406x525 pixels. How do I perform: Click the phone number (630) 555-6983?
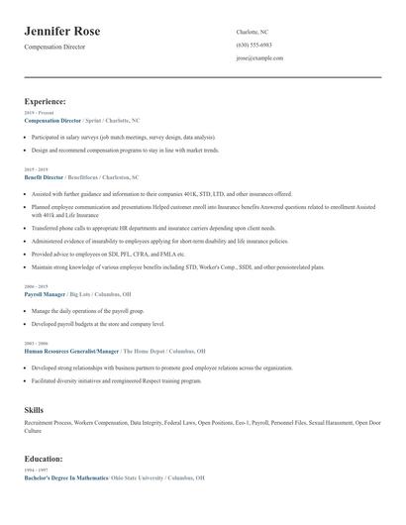[254, 46]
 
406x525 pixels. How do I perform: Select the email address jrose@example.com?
[259, 58]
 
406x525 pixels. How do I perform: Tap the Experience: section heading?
[46, 101]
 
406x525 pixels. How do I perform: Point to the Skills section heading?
[34, 409]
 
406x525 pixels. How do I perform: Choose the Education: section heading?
[44, 459]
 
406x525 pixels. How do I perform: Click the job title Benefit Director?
[44, 177]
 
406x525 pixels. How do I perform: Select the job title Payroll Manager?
[45, 295]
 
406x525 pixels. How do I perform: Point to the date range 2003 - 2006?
[35, 344]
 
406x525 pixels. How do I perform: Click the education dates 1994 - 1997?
[35, 471]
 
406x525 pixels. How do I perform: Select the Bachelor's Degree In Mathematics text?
[66, 477]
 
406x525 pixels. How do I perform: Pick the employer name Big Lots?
[81, 295]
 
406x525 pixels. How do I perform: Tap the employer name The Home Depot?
[146, 351]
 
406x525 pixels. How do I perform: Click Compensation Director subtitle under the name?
[55, 47]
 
